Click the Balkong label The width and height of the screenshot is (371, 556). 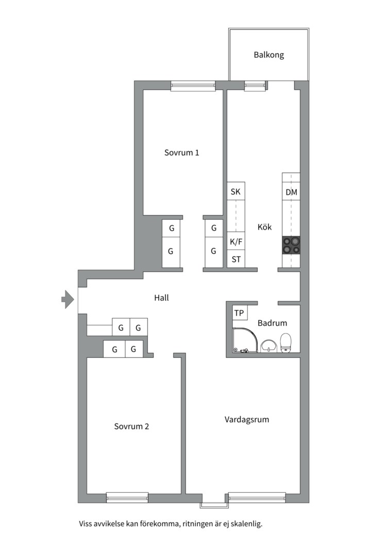click(x=269, y=55)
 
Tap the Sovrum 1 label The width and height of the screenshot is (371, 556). click(x=181, y=152)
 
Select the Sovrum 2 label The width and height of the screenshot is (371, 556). click(x=131, y=426)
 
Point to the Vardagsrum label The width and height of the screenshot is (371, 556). click(x=247, y=420)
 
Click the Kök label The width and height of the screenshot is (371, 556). click(x=264, y=227)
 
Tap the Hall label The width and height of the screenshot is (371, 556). click(x=161, y=298)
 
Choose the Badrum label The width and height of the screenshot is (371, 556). click(x=272, y=323)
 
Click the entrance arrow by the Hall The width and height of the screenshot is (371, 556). click(x=68, y=299)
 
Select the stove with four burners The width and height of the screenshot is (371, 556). click(x=291, y=245)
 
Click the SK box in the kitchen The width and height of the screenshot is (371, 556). click(x=235, y=192)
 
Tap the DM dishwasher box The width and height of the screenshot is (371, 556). click(x=291, y=192)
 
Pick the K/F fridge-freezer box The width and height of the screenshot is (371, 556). click(x=235, y=242)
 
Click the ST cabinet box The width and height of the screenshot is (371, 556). click(x=235, y=259)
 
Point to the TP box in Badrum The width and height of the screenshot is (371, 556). click(x=239, y=313)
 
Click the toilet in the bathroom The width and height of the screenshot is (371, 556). click(x=285, y=343)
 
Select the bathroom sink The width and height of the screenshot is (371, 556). click(x=269, y=346)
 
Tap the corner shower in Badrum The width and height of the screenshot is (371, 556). click(x=245, y=340)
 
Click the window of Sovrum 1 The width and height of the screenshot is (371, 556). click(x=193, y=86)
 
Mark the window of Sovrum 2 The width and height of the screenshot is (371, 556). click(x=127, y=497)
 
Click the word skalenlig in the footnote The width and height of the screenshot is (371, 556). click(x=246, y=524)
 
